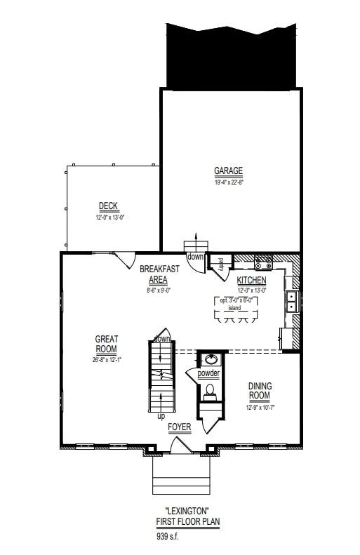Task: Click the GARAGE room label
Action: (228, 171)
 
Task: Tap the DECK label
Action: (108, 206)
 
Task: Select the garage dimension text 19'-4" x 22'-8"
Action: (228, 182)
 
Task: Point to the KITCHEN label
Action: (251, 281)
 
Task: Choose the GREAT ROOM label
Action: (107, 345)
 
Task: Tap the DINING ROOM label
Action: (260, 391)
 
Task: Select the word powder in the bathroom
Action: (208, 374)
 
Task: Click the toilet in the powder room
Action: (208, 394)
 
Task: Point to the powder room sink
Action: (208, 360)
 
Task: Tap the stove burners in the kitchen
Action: (264, 263)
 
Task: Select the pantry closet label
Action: (220, 265)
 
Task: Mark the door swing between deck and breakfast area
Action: (126, 260)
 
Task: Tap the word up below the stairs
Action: (161, 416)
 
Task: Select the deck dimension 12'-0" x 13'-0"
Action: (108, 218)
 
